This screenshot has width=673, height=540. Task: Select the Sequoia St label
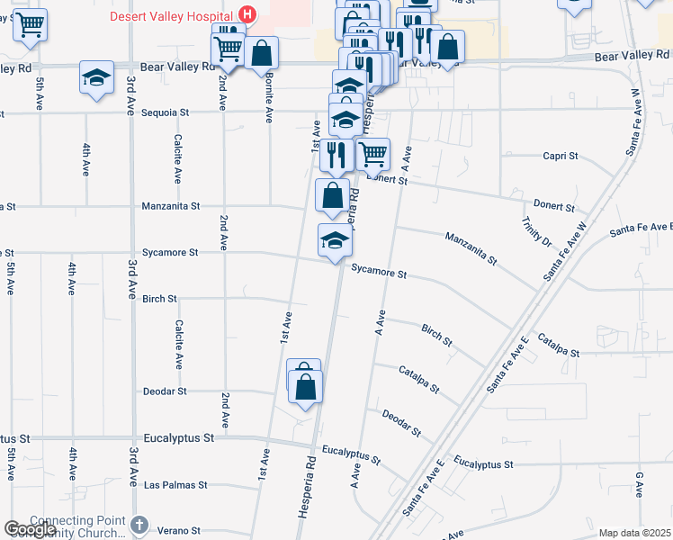(166, 113)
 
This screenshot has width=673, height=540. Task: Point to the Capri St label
(560, 156)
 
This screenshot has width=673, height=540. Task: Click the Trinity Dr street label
(535, 231)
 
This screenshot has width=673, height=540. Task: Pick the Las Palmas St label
(175, 485)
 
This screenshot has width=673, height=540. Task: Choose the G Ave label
(639, 483)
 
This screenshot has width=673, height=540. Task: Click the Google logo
(30, 529)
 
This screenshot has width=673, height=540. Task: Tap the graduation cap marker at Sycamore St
(335, 240)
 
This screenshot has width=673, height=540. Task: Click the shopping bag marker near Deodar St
(306, 388)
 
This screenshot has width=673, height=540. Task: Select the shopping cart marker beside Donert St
(372, 154)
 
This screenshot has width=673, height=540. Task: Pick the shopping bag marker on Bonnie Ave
(261, 52)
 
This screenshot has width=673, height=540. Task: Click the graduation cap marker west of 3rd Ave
(96, 77)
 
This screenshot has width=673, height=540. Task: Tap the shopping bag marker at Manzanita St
(332, 195)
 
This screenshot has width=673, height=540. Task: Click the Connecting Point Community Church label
(79, 526)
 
